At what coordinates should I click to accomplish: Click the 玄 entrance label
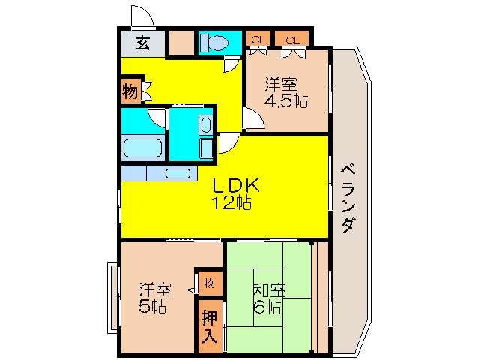(142, 43)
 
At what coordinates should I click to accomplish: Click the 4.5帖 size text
(285, 102)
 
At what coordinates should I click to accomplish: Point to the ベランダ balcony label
(348, 198)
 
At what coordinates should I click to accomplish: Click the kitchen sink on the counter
(178, 173)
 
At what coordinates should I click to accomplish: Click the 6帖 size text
(267, 307)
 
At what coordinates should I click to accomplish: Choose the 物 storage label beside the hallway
(129, 92)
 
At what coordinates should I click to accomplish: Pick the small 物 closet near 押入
(209, 283)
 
